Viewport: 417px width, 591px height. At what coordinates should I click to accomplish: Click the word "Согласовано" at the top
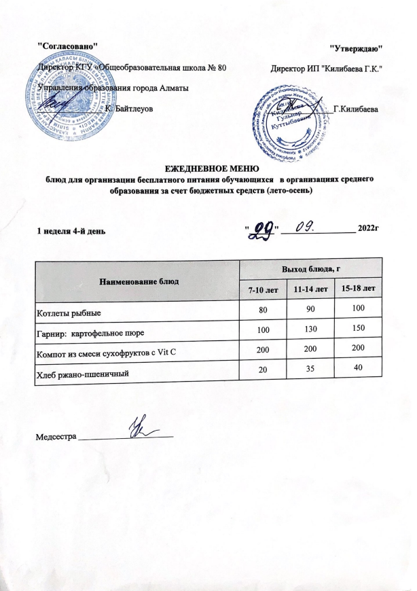coord(67,45)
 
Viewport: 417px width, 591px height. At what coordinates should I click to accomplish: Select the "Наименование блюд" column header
coord(139,281)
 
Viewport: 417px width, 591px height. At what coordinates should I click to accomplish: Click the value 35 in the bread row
coord(313,373)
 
